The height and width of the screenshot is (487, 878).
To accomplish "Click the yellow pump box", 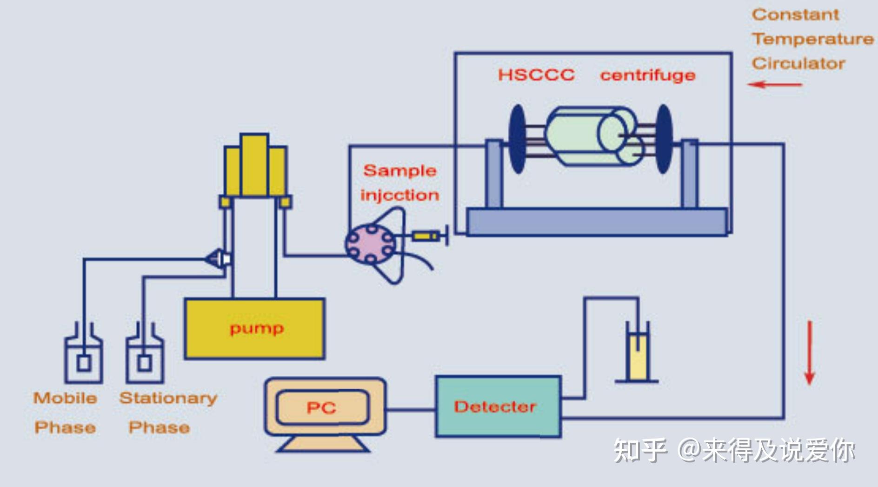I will click(254, 329).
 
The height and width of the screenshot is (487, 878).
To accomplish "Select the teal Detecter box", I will click(498, 406).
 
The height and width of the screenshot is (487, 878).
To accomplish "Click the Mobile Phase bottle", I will click(83, 358).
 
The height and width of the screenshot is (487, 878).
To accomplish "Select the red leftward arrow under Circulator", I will click(774, 84).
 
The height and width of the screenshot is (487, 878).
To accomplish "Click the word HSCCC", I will click(536, 75).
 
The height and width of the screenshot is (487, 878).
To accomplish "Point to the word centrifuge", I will click(647, 75).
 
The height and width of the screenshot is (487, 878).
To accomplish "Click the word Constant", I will click(795, 15).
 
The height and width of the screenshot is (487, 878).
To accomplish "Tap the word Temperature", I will click(812, 39).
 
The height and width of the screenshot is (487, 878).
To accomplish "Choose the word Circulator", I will click(798, 63).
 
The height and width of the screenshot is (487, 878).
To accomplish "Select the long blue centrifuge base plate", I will click(596, 222).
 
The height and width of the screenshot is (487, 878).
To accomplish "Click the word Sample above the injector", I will click(399, 171).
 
